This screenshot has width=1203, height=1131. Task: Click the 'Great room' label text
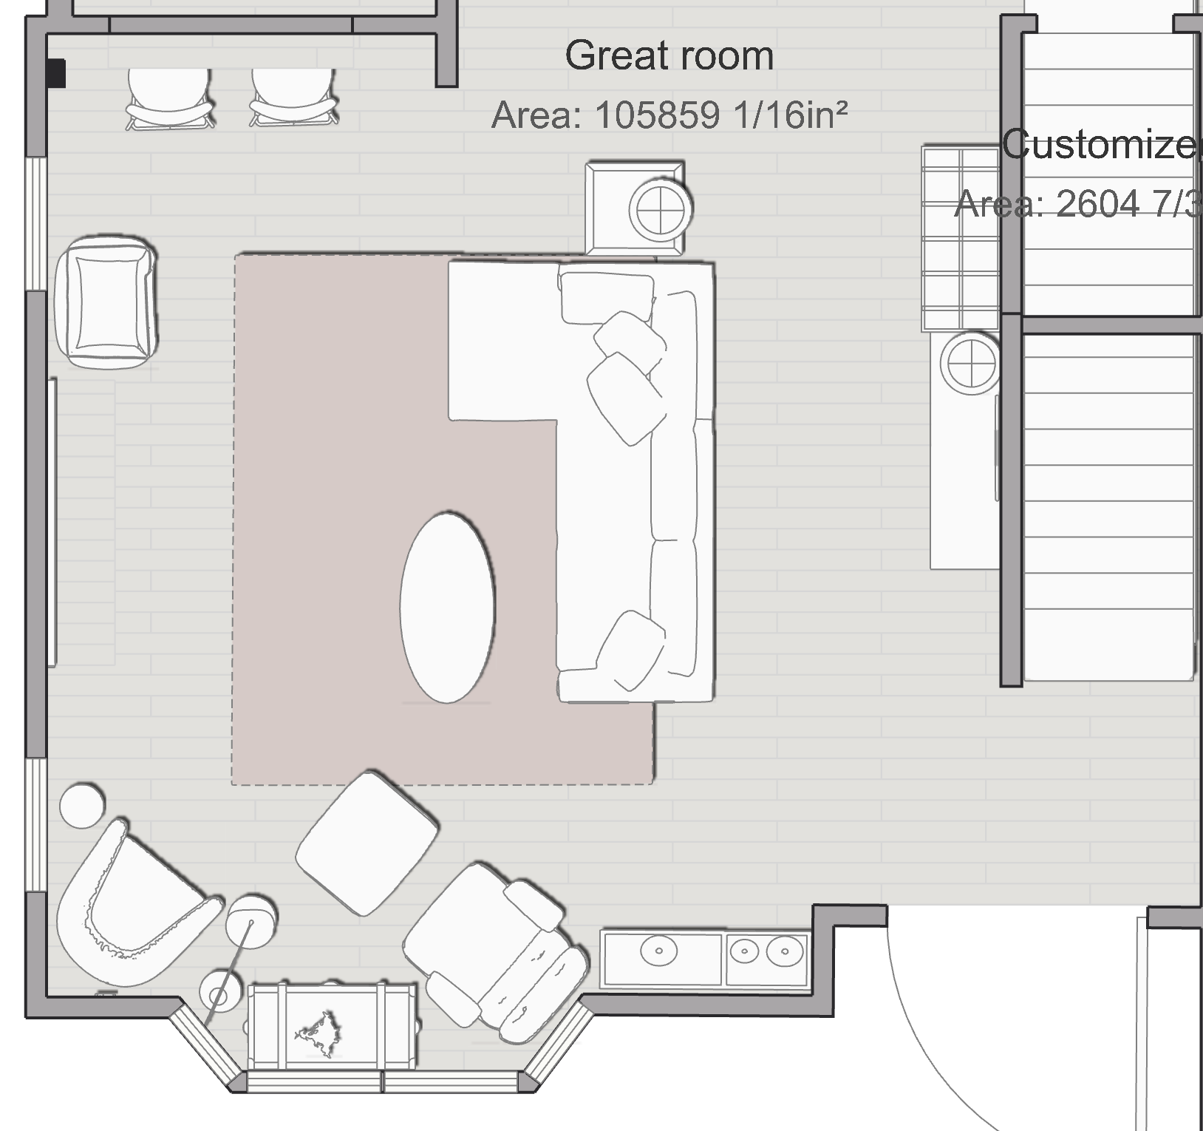[x=669, y=56]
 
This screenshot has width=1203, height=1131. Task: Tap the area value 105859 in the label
[x=656, y=115]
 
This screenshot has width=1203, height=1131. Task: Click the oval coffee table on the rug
[x=447, y=607]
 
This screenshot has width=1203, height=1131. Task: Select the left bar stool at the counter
[x=169, y=99]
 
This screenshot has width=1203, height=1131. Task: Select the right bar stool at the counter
[x=293, y=99]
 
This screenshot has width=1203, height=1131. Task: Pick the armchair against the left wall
[x=106, y=302]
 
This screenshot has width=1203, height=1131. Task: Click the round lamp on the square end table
[x=661, y=208]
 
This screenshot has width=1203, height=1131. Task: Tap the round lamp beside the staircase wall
[x=969, y=363]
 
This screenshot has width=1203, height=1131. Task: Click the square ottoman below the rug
[x=367, y=843]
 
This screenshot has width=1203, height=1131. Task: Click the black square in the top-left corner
[x=56, y=73]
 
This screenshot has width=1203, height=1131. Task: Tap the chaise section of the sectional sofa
[x=502, y=340]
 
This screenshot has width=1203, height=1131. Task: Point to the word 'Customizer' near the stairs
[x=1101, y=144]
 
